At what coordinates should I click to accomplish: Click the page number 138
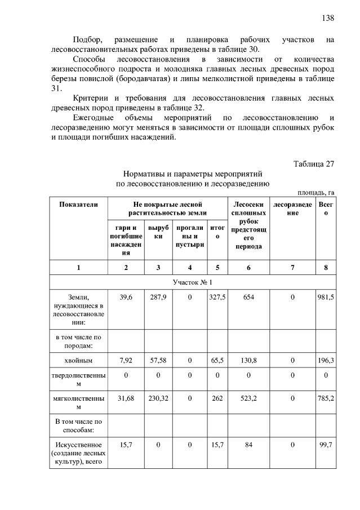tap(328, 18)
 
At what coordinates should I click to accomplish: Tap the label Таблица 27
tap(314, 164)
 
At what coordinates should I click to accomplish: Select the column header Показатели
tap(78, 204)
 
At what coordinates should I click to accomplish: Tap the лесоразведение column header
tap(292, 208)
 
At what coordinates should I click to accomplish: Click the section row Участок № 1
tap(192, 282)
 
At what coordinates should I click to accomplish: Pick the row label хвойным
tap(78, 359)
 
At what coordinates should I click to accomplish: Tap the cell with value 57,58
tap(157, 359)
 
